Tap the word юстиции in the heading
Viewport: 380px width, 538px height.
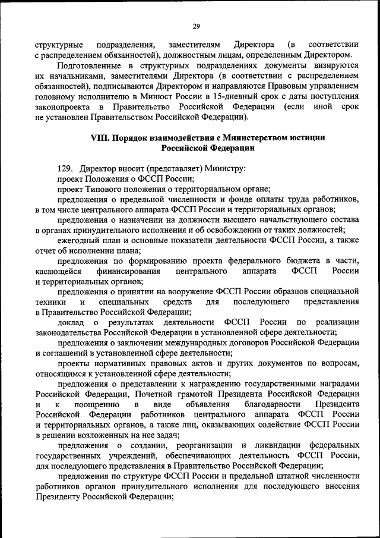pyautogui.click(x=303, y=137)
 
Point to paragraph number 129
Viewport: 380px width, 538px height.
pyautogui.click(x=65, y=169)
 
